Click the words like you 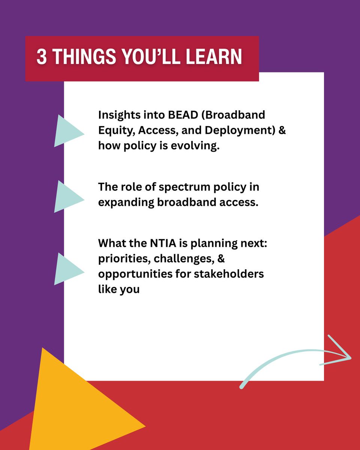point(119,289)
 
